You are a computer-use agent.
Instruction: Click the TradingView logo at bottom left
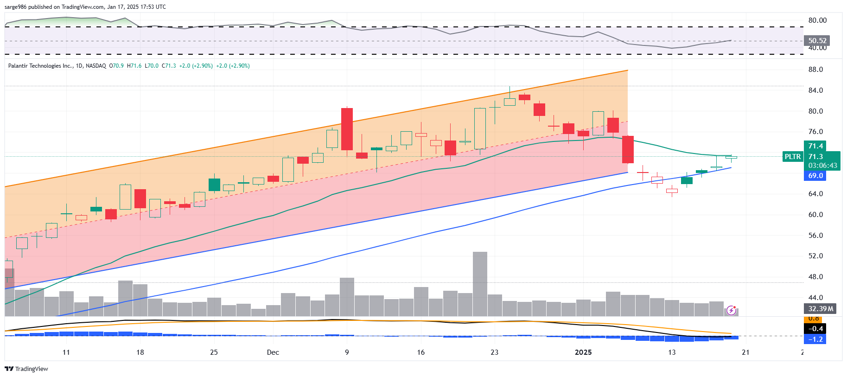(x=26, y=369)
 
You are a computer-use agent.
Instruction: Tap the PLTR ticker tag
(x=792, y=157)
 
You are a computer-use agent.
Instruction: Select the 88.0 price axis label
(x=815, y=70)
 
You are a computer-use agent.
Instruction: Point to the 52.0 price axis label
(x=815, y=256)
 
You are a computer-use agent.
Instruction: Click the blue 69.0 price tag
(x=815, y=176)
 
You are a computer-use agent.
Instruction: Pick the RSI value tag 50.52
(x=817, y=41)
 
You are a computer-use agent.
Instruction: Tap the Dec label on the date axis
(x=273, y=352)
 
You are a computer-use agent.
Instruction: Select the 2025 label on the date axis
(x=583, y=352)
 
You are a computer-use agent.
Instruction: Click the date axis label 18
(x=140, y=352)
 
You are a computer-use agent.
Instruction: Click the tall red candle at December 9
(x=347, y=129)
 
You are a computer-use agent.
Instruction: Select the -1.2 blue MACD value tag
(x=815, y=339)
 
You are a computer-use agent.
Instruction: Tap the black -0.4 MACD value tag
(x=815, y=329)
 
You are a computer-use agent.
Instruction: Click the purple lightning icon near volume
(x=731, y=310)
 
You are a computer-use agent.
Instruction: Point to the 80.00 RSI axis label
(x=817, y=20)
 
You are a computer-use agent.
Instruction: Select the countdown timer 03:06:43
(x=822, y=166)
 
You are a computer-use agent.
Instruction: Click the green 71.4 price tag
(x=815, y=146)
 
